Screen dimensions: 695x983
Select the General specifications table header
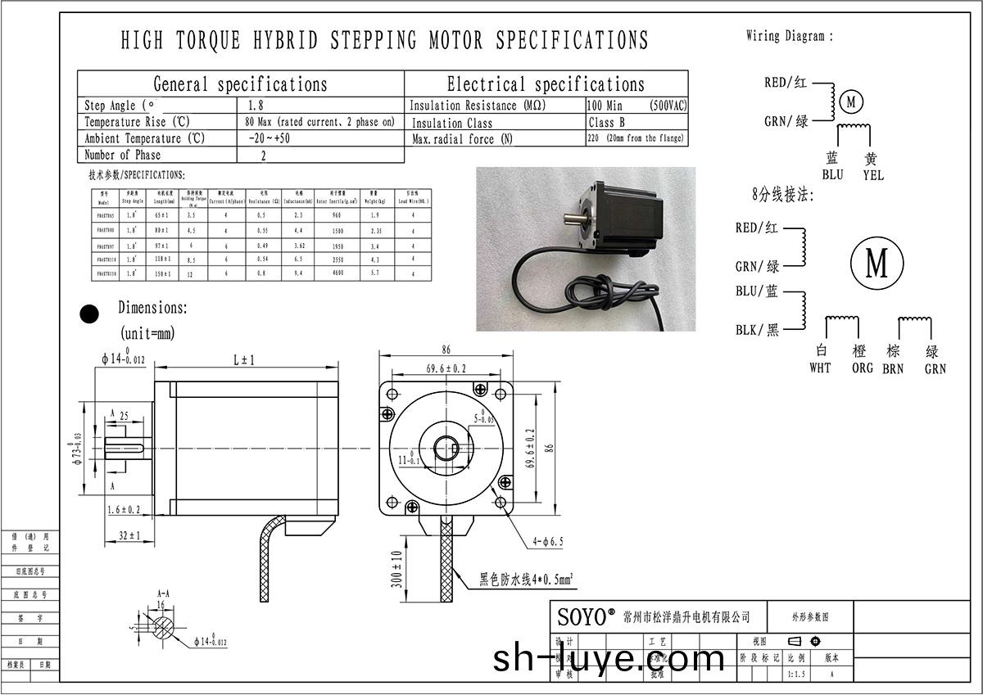240,84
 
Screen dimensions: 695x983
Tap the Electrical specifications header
546,84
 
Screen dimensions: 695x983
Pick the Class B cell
607,122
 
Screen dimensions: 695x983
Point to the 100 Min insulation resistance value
605,106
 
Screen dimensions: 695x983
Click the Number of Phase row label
123,155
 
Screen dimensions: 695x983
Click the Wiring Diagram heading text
790,36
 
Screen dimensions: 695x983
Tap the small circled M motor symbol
852,102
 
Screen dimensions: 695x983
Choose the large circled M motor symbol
877,264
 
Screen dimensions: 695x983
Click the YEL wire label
873,175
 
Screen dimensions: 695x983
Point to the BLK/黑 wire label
757,330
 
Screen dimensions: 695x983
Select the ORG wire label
863,368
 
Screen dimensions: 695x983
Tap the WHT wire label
820,368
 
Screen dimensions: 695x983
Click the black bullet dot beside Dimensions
88,314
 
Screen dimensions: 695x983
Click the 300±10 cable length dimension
397,568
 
